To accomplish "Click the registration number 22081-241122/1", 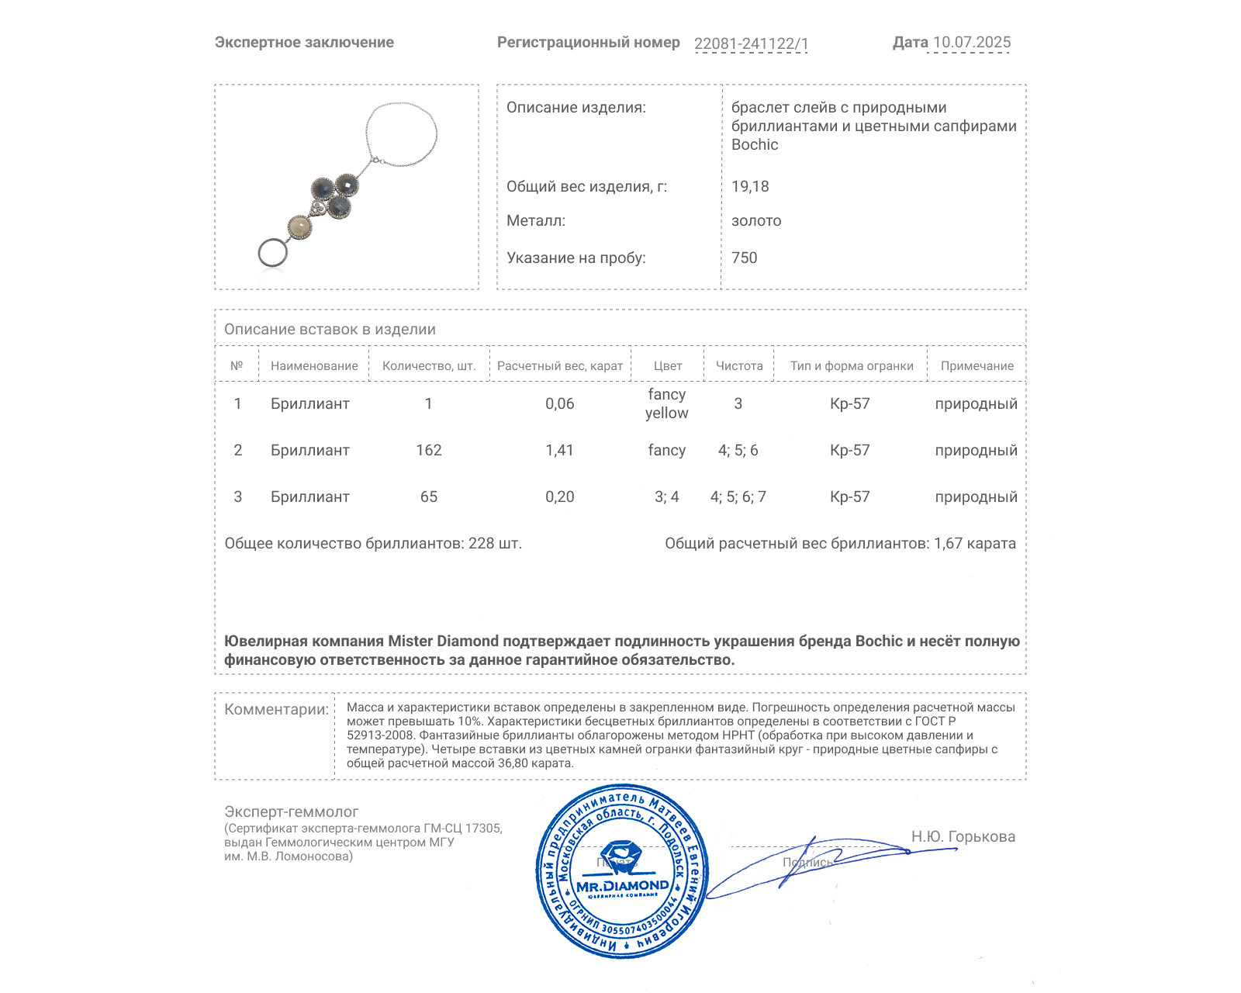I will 751,43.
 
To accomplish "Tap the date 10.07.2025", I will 971,43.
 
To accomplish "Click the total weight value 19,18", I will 750,186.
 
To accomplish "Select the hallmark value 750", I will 744,258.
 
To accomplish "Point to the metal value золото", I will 756,221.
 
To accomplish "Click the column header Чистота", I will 739,366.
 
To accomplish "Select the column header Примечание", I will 977,366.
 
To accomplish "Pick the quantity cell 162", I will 429,451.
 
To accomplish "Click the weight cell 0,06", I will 559,404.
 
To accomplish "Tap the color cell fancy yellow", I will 666,404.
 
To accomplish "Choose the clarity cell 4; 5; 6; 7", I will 738,497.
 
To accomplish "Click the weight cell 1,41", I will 559,451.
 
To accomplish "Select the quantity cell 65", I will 429,497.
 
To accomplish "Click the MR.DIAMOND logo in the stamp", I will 622,885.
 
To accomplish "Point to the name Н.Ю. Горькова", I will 963,837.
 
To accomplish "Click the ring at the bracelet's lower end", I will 272,252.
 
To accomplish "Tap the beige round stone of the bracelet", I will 299,227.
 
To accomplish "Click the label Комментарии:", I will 276,710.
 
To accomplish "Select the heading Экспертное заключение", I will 304,43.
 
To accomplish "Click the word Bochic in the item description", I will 754,145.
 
